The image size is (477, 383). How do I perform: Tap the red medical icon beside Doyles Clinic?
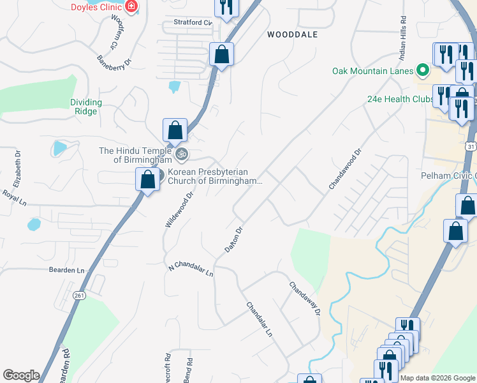coord(131,6)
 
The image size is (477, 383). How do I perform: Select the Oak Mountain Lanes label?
coord(372,70)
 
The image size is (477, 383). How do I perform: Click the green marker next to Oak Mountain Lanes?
coord(422,70)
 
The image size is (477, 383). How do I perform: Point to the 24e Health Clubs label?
coord(400,99)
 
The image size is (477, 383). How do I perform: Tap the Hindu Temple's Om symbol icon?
coord(182,154)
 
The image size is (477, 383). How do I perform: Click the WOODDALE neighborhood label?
coord(292,34)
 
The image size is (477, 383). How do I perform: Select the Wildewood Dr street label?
coord(179,211)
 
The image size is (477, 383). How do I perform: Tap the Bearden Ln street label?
coord(66,270)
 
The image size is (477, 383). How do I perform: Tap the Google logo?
coord(21,375)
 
